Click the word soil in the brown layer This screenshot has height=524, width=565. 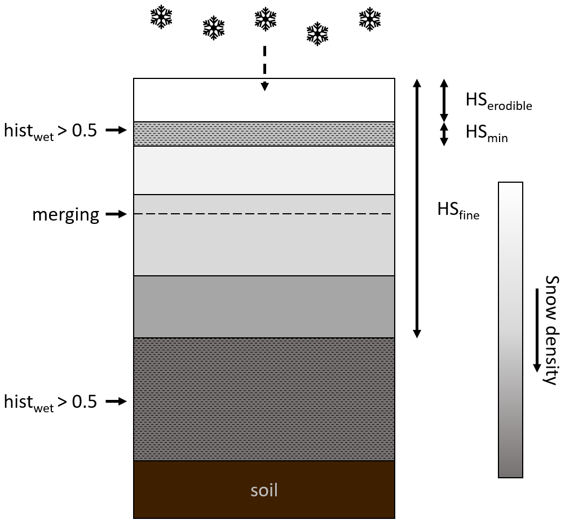tap(264, 490)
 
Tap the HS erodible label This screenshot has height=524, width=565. tap(498, 101)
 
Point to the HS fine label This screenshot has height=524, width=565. tap(458, 210)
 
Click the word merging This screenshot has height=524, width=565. tap(65, 214)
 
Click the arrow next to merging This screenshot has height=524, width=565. tap(116, 214)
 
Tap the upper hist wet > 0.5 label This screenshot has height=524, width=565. tap(50, 131)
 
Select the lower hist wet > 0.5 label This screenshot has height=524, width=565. tap(50, 402)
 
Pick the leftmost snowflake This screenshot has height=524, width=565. tap(161, 17)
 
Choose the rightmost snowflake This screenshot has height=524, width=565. tap(369, 19)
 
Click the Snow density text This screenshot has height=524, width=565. tap(550, 330)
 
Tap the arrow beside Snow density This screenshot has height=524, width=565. tap(536, 330)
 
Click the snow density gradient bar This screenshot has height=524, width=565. tap(510, 330)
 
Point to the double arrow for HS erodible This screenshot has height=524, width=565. tap(444, 100)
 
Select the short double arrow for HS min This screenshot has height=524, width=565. tap(444, 134)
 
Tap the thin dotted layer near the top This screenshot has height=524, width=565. tap(264, 134)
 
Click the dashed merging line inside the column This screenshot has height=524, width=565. tap(264, 214)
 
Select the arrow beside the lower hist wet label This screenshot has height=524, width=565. tap(116, 401)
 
